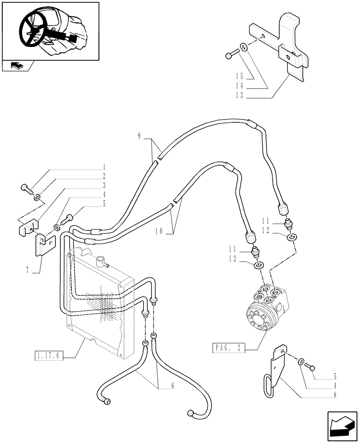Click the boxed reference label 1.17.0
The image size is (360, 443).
click(49, 355)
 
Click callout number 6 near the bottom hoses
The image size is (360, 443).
click(172, 386)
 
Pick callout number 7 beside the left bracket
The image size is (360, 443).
click(27, 270)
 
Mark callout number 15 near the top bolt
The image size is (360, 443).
click(239, 76)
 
